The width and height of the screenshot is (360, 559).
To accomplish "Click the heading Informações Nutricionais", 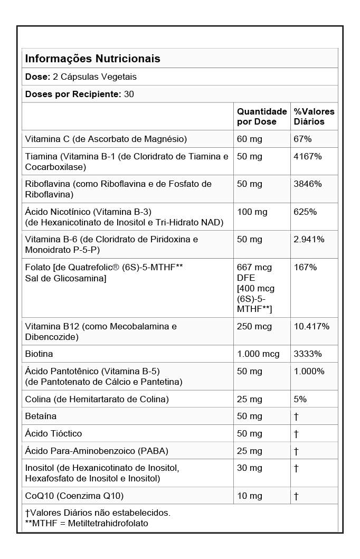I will click(x=92, y=59).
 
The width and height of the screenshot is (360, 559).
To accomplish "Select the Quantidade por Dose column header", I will click(x=261, y=117).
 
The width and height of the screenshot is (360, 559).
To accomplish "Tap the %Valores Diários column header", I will click(x=314, y=117).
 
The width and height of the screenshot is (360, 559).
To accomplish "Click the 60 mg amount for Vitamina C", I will click(x=250, y=139).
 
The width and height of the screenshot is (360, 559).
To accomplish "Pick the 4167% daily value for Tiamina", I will click(x=308, y=157).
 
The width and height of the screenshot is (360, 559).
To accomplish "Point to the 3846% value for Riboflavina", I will click(x=308, y=184).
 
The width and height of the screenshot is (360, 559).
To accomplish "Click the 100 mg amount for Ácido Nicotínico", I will click(x=252, y=212).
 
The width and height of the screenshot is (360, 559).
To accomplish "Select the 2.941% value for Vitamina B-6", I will click(x=309, y=240).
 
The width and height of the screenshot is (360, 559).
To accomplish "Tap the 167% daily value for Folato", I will click(x=305, y=268).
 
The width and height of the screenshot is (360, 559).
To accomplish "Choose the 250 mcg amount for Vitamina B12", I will click(x=254, y=327).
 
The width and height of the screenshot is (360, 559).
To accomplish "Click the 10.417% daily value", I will click(x=311, y=327).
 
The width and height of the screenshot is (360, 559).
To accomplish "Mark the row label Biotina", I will click(x=39, y=354).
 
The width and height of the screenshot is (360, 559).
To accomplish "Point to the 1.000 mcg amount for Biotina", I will click(x=258, y=354).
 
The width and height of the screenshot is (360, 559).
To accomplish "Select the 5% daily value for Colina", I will click(x=300, y=399).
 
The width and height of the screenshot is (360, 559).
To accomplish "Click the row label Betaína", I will click(x=41, y=416).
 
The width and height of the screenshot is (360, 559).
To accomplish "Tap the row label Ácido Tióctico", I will click(x=53, y=434).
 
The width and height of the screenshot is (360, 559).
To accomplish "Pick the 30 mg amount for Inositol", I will click(x=250, y=468).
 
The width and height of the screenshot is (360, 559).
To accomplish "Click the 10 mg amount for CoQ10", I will click(x=250, y=496).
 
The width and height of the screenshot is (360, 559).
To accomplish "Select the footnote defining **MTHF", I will click(x=87, y=524).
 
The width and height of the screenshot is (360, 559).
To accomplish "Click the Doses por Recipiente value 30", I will click(x=129, y=94).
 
